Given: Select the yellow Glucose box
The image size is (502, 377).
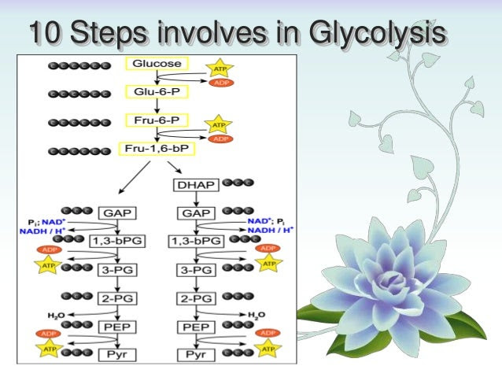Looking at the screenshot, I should pos(157,64).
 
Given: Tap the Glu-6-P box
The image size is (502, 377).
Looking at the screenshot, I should pos(157,91).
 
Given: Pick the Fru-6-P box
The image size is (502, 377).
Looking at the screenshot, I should pos(157,120).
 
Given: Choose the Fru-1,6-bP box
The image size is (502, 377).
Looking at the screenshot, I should pos(157,147).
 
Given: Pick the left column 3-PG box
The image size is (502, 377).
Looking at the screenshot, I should pos(116,269).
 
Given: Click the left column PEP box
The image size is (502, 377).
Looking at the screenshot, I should pos(116,325).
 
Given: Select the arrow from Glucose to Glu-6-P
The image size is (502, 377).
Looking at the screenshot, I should pos(157,77).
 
